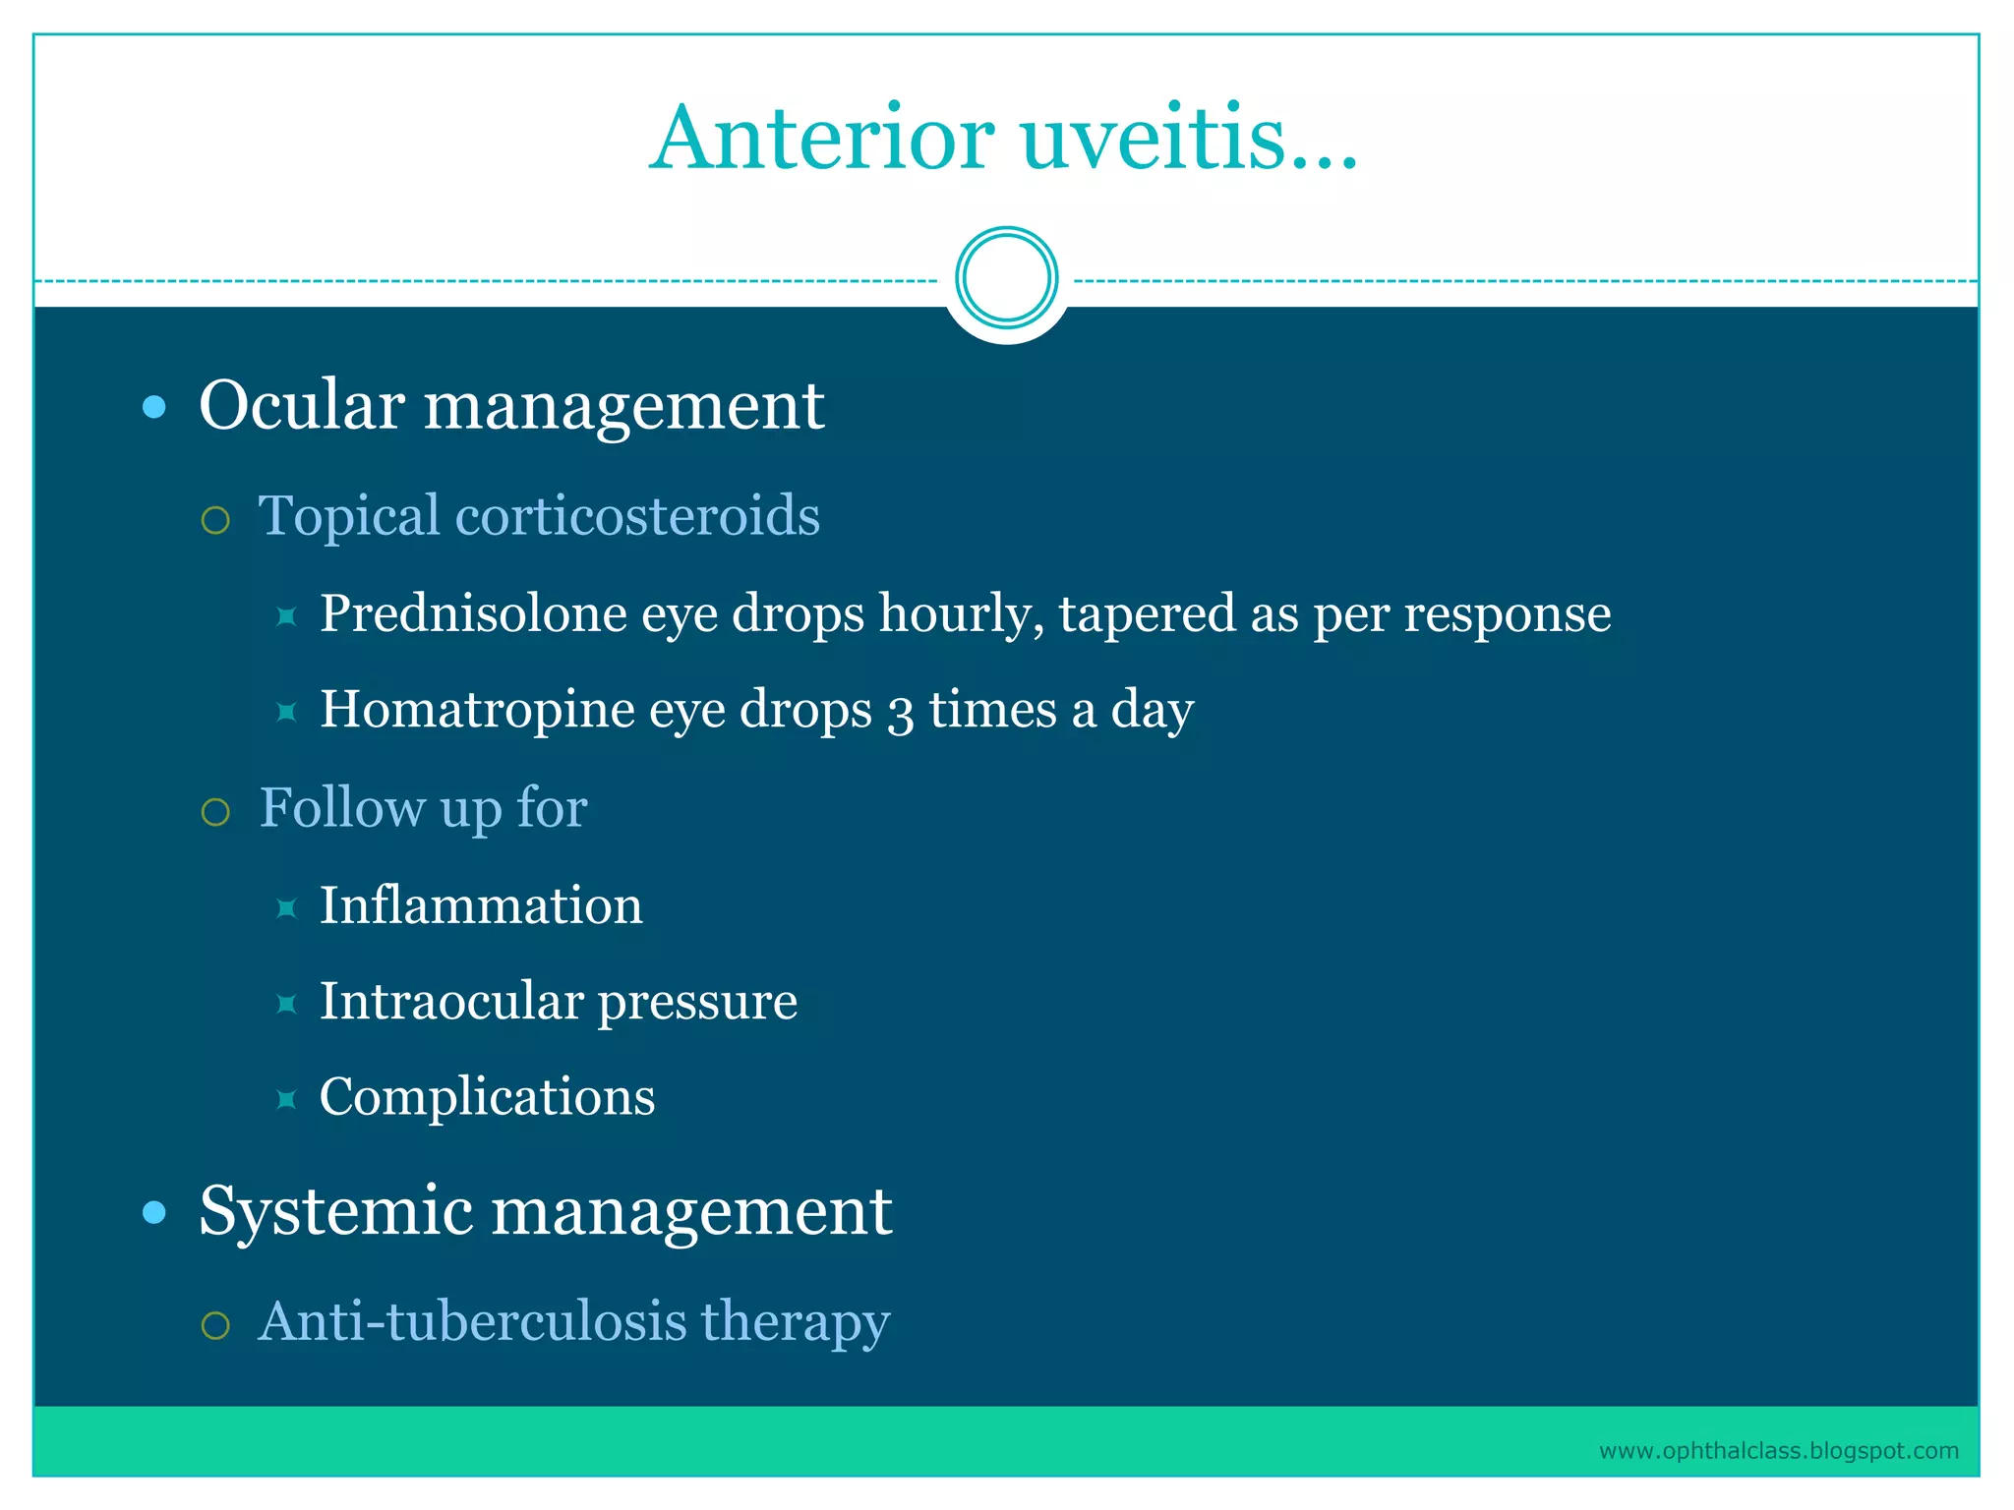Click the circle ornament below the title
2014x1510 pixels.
tap(1006, 278)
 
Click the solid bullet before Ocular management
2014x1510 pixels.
tap(154, 407)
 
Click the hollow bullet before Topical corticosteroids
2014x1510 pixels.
tap(215, 519)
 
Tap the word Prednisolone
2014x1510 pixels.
tap(473, 613)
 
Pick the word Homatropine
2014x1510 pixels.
tap(477, 709)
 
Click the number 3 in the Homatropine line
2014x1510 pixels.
tap(899, 712)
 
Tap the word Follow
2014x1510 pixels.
tap(342, 808)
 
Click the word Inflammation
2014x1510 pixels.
tap(481, 904)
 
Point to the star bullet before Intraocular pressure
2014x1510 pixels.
tap(286, 1003)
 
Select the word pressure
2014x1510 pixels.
tap(697, 1003)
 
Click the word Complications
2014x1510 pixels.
tap(487, 1096)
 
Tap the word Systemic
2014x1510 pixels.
tap(335, 1211)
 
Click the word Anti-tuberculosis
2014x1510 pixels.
tap(472, 1320)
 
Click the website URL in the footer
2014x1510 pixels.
tap(1778, 1450)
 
